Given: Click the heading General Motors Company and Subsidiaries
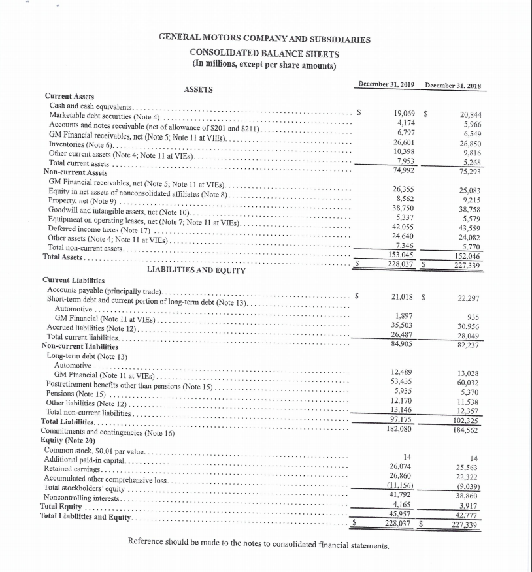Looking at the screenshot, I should coord(264,39).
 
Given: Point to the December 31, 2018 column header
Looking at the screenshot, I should coord(457,86).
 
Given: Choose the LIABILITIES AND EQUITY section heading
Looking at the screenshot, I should coord(196,270).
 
